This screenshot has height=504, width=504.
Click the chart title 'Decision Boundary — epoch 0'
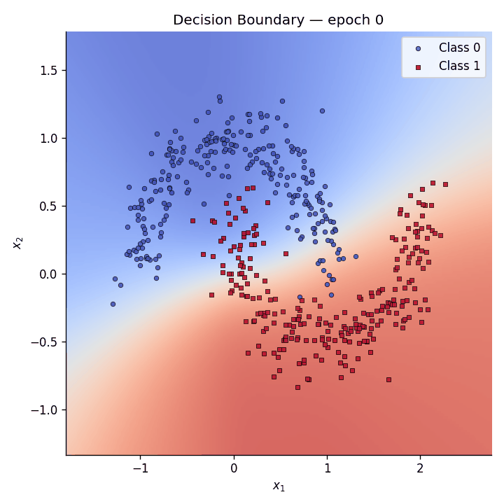pyautogui.click(x=278, y=20)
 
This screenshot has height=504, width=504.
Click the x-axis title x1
pyautogui.click(x=279, y=486)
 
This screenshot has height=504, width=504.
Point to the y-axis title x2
pyautogui.click(x=17, y=243)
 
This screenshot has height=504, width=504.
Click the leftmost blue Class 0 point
pyautogui.click(x=113, y=304)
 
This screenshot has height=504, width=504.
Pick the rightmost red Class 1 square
pyautogui.click(x=445, y=185)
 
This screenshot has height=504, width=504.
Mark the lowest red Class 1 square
pyautogui.click(x=297, y=387)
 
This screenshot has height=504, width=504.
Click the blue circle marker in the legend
pyautogui.click(x=419, y=48)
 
